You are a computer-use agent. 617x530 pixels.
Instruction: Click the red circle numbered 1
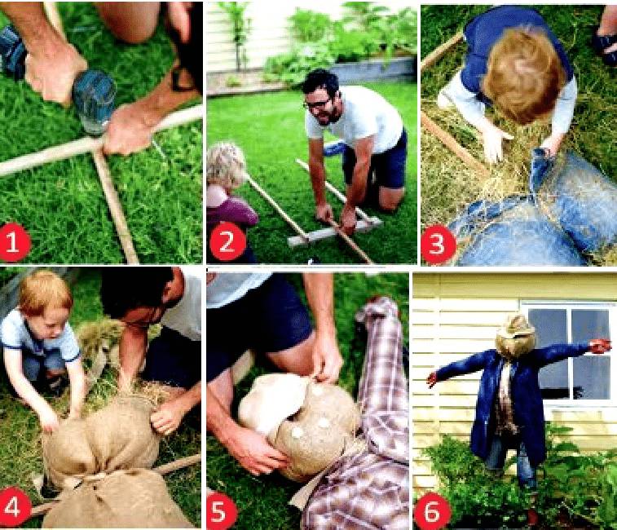click(14, 242)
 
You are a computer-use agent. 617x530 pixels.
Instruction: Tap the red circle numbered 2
click(227, 242)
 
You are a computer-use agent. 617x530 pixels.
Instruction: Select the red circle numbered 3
click(437, 244)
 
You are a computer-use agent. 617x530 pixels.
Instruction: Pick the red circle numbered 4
click(14, 507)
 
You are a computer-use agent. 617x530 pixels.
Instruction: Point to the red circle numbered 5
click(221, 511)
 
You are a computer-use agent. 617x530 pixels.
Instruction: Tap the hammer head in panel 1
click(94, 102)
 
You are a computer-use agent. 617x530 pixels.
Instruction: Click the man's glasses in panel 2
click(317, 104)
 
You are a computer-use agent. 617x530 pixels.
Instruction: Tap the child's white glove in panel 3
click(495, 143)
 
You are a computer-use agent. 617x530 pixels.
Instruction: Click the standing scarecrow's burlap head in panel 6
click(515, 336)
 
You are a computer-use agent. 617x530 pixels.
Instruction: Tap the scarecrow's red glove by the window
click(600, 346)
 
